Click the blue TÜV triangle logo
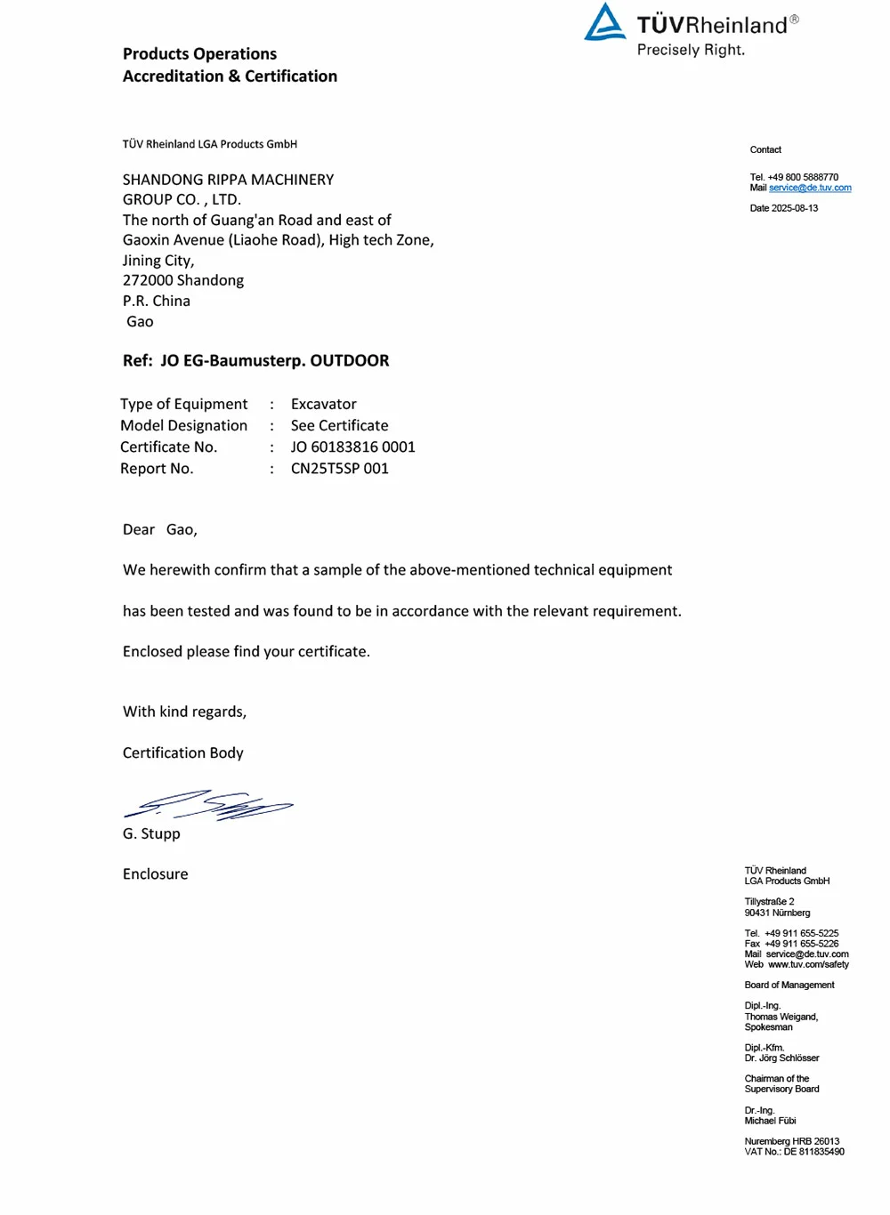click(x=605, y=23)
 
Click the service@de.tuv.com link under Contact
click(x=810, y=188)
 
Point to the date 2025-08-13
click(x=795, y=208)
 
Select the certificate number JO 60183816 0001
click(x=352, y=447)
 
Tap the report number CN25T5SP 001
click(x=339, y=468)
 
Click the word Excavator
click(x=323, y=404)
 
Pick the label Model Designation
click(x=183, y=425)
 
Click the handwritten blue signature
click(x=208, y=804)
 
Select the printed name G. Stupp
click(x=151, y=833)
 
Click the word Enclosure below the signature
click(x=155, y=873)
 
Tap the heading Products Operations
click(x=199, y=53)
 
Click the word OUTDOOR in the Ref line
click(x=349, y=360)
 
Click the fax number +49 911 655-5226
click(x=801, y=944)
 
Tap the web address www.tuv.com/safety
click(x=808, y=964)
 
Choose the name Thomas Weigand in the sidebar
click(x=780, y=1017)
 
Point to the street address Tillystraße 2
click(x=769, y=902)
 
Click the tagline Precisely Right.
click(x=691, y=50)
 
